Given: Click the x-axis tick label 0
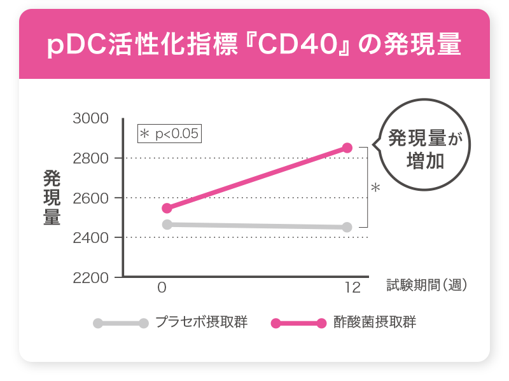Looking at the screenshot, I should (x=162, y=287).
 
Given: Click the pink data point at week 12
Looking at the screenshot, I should (x=347, y=148).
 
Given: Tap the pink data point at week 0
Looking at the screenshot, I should (x=167, y=208).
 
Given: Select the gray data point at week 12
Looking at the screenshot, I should (x=347, y=227).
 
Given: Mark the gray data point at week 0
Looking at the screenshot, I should (x=167, y=224).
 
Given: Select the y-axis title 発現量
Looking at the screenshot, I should (x=52, y=198).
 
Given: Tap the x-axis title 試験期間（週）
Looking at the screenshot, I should (x=428, y=286).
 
